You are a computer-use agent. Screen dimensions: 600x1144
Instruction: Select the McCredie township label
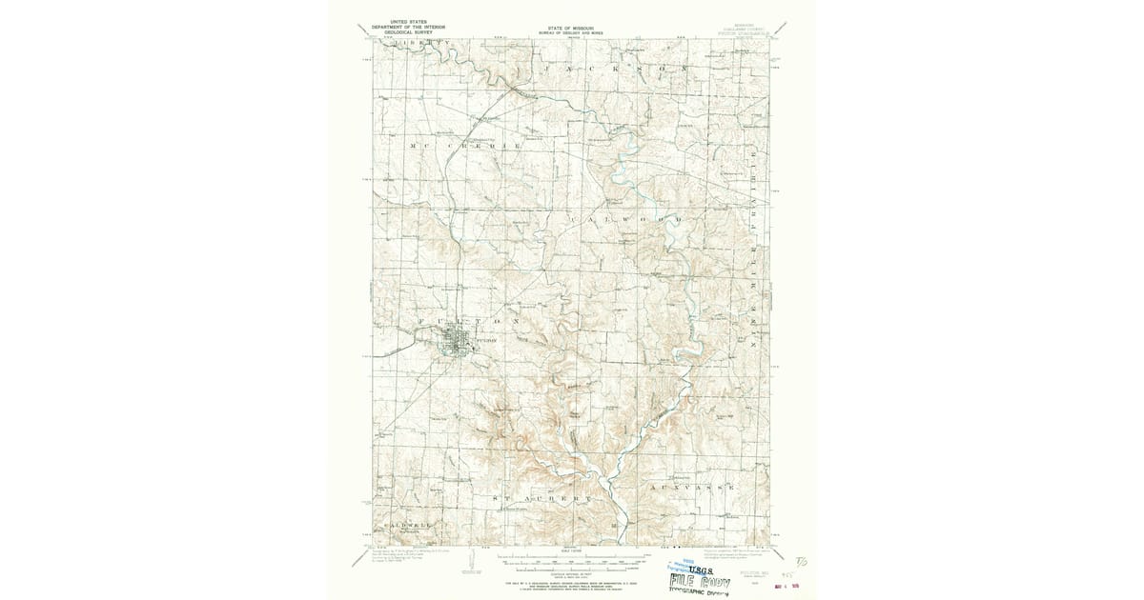pyautogui.click(x=465, y=145)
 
